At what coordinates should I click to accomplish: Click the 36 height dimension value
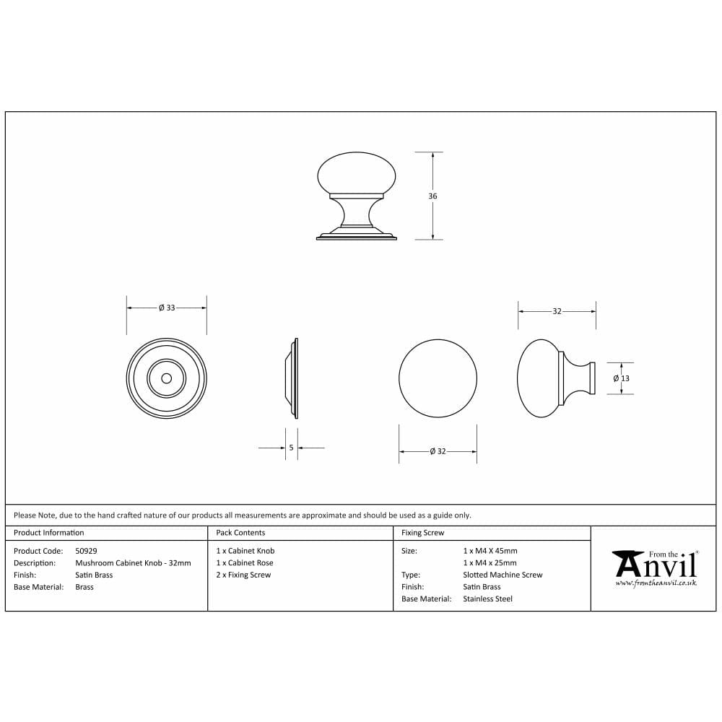(432, 196)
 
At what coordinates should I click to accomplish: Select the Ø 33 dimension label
(167, 308)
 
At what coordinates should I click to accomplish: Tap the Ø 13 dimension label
(621, 378)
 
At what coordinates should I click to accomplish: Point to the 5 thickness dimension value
(291, 448)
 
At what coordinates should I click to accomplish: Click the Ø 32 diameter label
(438, 451)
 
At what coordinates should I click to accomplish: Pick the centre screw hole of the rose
(167, 378)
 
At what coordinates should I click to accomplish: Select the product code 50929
(86, 551)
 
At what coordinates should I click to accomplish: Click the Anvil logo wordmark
(654, 563)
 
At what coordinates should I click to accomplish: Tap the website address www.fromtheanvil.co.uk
(656, 583)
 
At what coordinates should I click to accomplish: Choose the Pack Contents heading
(240, 533)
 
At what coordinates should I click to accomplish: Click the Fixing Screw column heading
(422, 533)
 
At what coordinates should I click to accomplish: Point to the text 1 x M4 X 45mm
(490, 551)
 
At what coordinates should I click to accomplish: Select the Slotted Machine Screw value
(503, 575)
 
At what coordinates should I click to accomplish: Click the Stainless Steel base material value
(487, 599)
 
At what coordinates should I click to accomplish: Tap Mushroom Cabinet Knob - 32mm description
(133, 563)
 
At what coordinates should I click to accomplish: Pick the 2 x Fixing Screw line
(243, 575)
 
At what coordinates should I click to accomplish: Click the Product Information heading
(49, 533)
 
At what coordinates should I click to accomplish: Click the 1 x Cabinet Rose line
(245, 563)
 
